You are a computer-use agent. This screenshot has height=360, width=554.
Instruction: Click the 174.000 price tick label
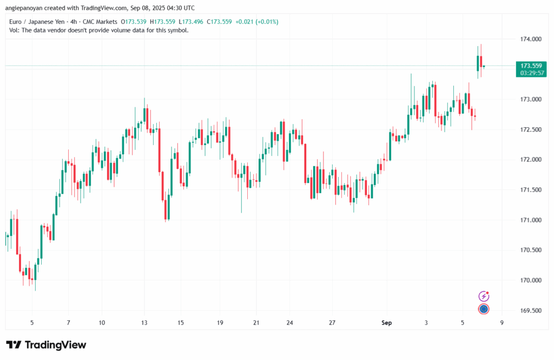(531, 39)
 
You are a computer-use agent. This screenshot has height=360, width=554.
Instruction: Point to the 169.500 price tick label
(531, 311)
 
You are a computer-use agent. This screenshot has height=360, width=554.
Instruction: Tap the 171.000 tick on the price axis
(531, 220)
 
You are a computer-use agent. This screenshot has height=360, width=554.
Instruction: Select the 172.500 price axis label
(531, 129)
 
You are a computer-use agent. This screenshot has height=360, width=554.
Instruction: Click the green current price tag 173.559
(531, 66)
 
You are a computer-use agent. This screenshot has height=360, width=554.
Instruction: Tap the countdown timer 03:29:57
(532, 73)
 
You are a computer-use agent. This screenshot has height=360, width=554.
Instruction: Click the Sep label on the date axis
(386, 323)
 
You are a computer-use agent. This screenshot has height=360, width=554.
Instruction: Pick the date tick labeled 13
(144, 323)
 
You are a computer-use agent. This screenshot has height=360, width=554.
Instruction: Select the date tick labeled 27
(332, 323)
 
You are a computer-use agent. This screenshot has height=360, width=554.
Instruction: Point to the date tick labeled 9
(502, 323)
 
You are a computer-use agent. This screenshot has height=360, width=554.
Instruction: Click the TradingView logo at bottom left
(47, 345)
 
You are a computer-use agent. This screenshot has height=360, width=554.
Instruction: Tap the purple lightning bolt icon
(484, 296)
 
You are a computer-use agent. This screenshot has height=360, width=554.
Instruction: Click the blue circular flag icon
(484, 309)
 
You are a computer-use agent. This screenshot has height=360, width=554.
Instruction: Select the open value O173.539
(134, 22)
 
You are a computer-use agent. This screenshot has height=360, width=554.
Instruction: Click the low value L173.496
(191, 22)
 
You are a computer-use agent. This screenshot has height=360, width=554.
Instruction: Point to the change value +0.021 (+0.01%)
(257, 22)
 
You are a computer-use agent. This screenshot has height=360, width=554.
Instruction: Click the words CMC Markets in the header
(100, 22)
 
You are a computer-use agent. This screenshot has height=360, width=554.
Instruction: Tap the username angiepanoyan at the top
(24, 8)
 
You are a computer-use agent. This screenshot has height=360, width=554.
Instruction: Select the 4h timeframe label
(74, 22)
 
